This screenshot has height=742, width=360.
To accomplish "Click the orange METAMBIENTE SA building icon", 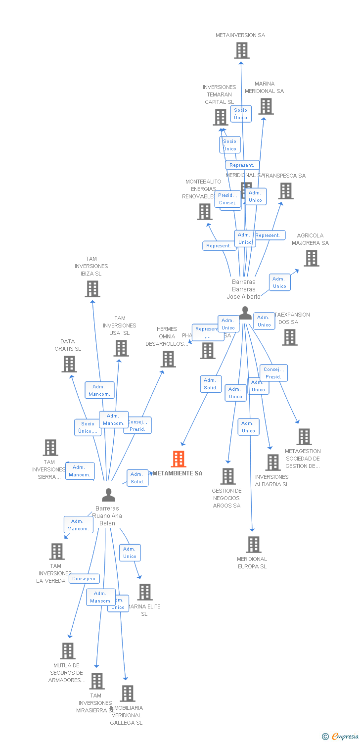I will pos(179,459).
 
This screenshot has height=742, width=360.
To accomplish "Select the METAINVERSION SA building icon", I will pos(242,50).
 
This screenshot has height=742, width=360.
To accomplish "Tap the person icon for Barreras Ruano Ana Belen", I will pos(108,495).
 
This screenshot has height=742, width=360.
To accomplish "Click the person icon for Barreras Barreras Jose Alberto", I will pos(245,313).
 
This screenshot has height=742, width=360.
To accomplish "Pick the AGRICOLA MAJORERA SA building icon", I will pos(311,258).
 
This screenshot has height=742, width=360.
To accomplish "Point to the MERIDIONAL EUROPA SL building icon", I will pos(253,545).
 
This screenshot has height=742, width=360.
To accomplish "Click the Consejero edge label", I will pos(84,578).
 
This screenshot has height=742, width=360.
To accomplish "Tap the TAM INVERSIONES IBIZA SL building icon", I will pos(92,289).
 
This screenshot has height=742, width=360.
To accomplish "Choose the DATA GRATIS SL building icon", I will pos(69,364).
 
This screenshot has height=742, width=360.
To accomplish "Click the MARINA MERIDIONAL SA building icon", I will pos(266,106).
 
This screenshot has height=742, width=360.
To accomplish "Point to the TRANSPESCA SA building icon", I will pos(286,191).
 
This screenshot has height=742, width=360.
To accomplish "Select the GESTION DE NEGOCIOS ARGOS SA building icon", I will pos(228,476).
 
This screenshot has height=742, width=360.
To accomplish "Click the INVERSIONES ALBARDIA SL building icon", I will pos(272,463).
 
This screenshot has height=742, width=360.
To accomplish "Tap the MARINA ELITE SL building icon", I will pos(145,592).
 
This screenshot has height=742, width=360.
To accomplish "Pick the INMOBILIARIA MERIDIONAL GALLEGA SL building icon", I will pos(128,694).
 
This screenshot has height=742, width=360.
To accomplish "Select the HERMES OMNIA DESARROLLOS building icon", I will pos(168,359).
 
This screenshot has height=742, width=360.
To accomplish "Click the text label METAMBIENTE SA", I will pos(178,473).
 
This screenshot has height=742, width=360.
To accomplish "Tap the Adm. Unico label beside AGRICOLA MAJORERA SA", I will pos(279,282).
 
